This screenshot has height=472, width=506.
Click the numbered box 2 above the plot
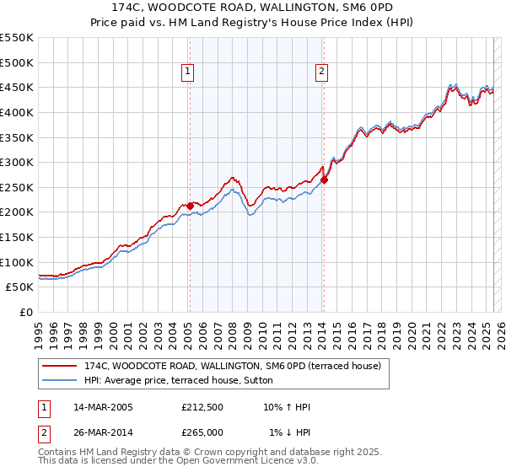click(322, 72)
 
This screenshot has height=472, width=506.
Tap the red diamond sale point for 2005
click(190, 205)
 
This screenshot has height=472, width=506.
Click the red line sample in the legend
click(59, 366)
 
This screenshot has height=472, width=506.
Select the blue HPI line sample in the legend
click(59, 380)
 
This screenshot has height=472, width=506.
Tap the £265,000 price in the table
click(202, 432)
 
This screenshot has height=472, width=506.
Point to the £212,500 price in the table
click(202, 408)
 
